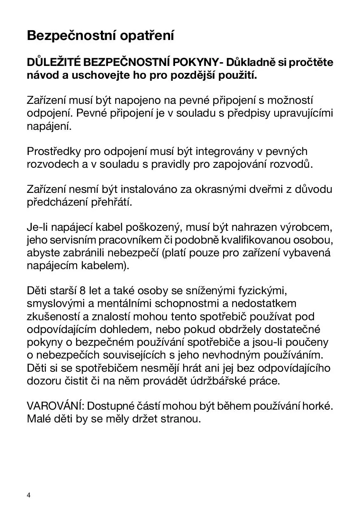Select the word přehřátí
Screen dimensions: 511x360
click(110, 203)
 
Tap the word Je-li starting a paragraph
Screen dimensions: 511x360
click(38, 227)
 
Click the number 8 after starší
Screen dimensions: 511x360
click(82, 291)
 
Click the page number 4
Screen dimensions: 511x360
click(29, 495)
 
